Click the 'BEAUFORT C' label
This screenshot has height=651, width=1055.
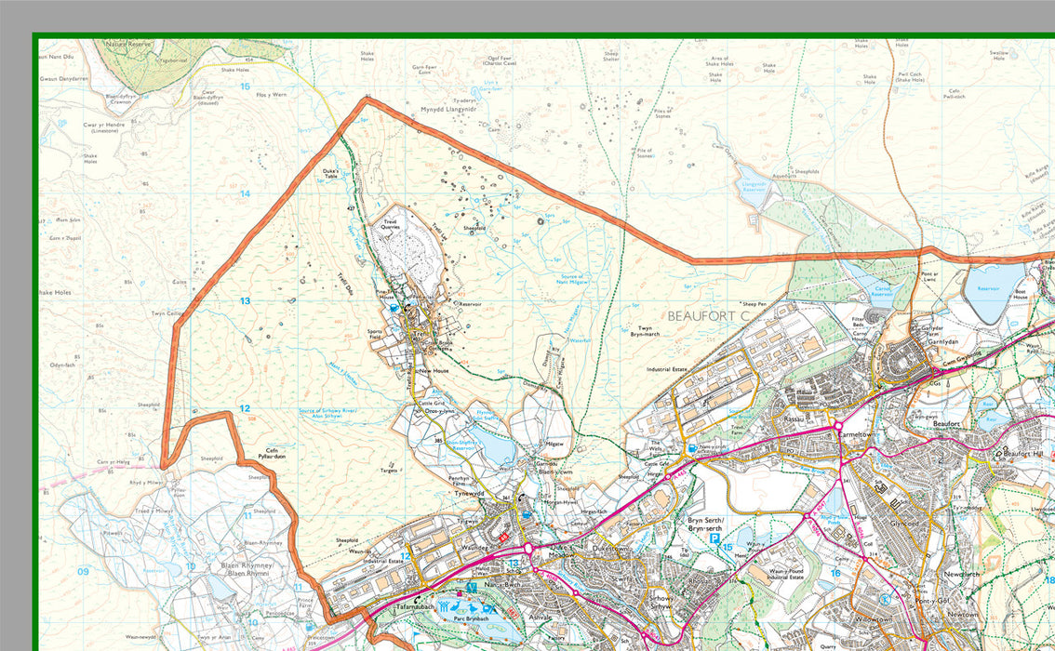708,316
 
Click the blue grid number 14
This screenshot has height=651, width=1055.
245,193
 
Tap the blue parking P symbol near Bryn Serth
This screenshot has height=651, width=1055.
714,538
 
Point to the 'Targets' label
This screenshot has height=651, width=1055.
389,471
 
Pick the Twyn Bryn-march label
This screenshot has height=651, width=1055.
645,330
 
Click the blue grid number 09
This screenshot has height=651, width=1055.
83,571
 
